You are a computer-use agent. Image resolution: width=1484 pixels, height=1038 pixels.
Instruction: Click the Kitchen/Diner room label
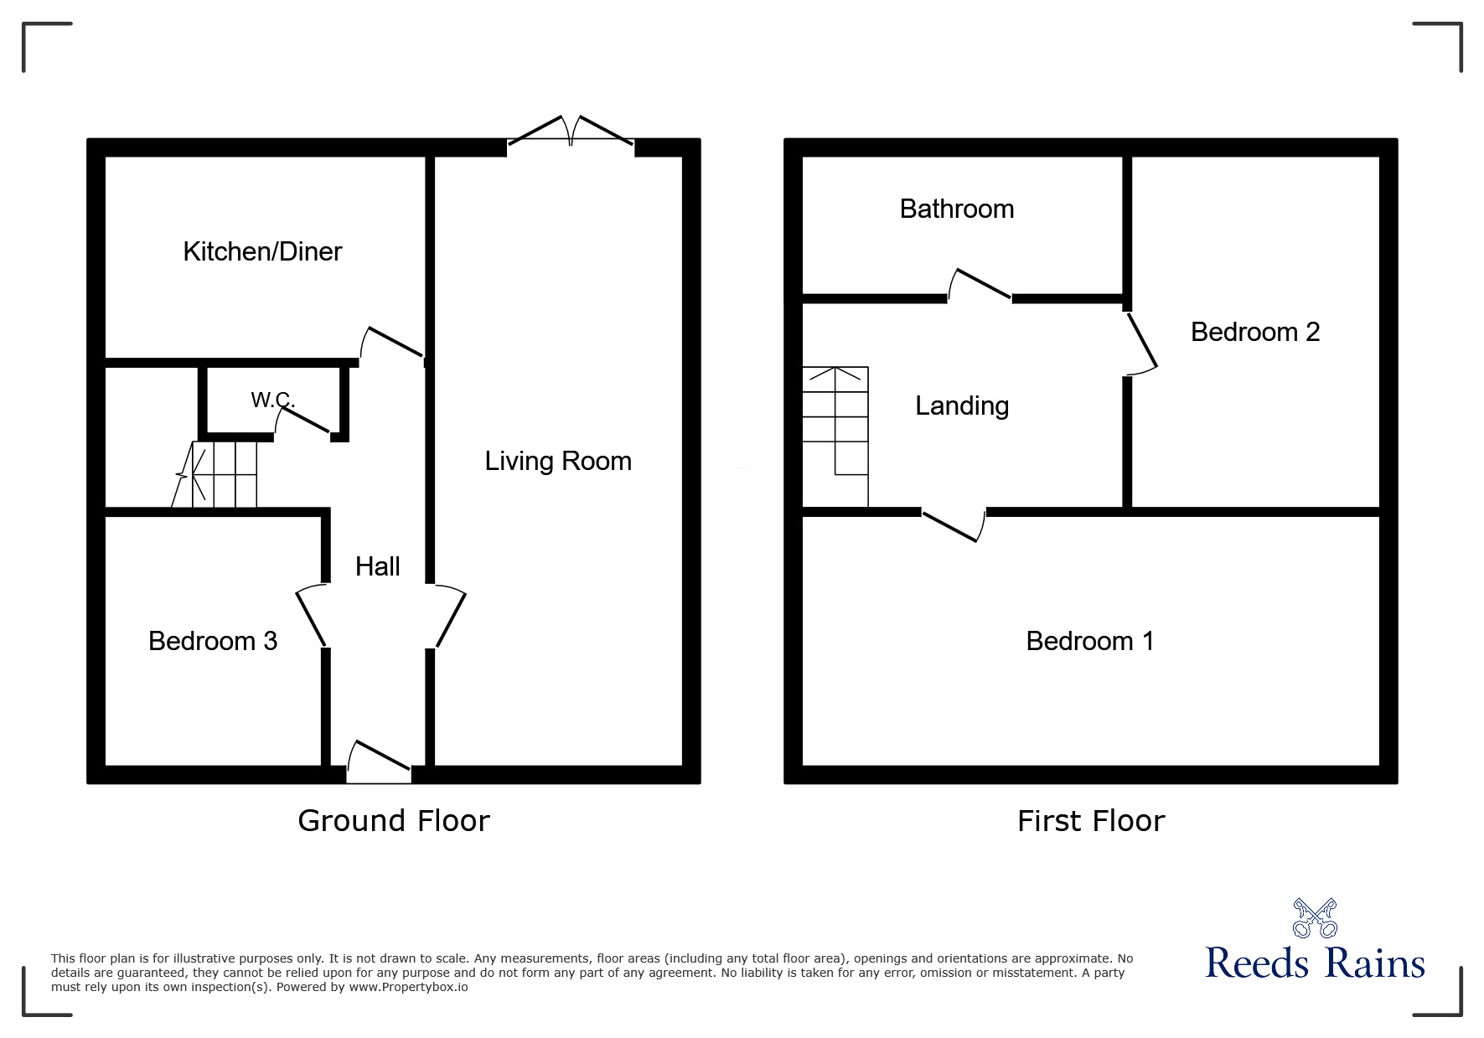[262, 251]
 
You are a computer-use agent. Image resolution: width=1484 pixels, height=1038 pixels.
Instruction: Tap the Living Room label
[558, 461]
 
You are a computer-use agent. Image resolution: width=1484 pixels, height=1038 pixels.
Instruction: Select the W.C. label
[272, 400]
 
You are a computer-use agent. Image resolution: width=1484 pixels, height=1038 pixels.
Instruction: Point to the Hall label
[377, 566]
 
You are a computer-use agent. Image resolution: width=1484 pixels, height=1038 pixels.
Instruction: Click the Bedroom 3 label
[213, 641]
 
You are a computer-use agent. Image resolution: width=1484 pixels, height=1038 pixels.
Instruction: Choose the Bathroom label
[957, 209]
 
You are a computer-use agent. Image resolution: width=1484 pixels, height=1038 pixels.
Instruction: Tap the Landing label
[962, 405]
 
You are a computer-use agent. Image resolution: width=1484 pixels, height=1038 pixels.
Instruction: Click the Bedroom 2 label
[1255, 332]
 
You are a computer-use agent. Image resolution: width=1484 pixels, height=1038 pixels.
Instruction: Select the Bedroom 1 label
[1090, 641]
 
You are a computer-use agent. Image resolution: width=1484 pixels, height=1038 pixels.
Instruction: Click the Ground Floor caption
[394, 820]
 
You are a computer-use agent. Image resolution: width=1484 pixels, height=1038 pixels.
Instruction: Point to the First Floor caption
[1091, 820]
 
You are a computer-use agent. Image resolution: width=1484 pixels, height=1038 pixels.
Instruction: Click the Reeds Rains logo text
[1315, 963]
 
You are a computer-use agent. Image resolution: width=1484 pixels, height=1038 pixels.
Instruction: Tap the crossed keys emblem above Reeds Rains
[1315, 917]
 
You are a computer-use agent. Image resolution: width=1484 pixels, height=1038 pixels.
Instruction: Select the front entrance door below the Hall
[379, 762]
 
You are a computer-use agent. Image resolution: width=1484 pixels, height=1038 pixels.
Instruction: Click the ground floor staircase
[220, 475]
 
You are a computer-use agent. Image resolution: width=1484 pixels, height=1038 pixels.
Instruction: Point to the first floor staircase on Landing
[835, 436]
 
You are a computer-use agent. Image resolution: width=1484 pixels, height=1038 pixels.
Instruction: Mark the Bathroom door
[980, 286]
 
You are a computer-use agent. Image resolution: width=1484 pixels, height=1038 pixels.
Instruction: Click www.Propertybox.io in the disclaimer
[408, 987]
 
